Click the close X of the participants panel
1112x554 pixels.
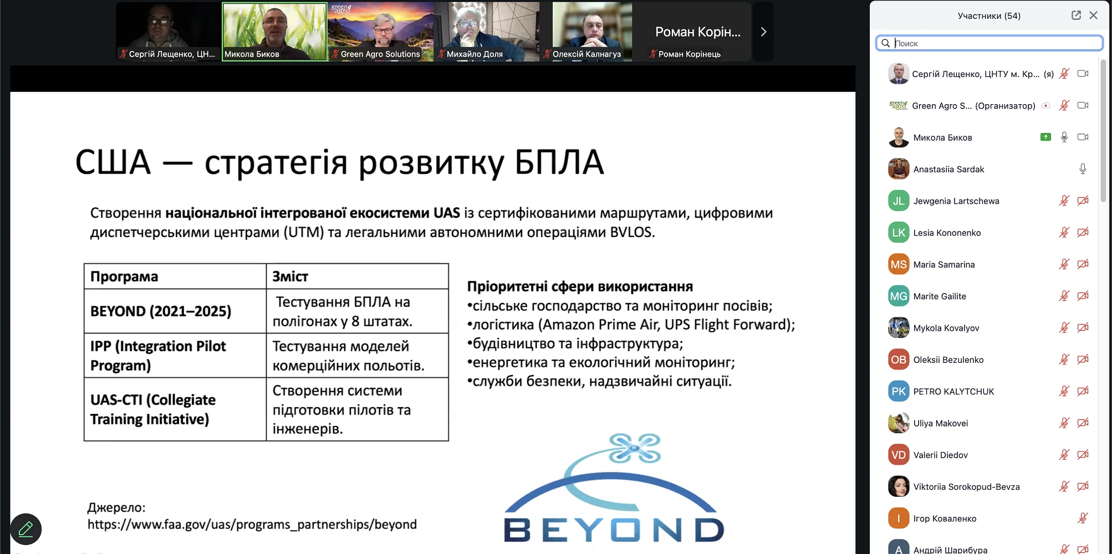[x=1093, y=16]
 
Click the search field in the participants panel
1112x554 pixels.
[x=989, y=43]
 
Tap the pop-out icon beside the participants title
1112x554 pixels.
[x=1076, y=16]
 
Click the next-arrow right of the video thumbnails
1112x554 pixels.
[x=763, y=32]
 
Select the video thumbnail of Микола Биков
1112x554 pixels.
[x=275, y=32]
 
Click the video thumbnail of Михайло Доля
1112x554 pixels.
[x=487, y=32]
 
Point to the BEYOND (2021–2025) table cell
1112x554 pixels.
[x=175, y=311]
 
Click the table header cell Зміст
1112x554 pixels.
[x=358, y=276]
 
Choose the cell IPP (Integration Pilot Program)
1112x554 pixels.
[x=175, y=356]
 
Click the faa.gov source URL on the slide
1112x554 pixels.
[x=252, y=525]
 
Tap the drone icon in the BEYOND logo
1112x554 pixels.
[x=635, y=448]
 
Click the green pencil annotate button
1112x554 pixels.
[x=26, y=529]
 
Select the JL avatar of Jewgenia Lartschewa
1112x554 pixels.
[x=899, y=201]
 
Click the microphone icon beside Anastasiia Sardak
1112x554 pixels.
[x=1083, y=169]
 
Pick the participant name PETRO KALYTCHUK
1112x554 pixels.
[x=953, y=392]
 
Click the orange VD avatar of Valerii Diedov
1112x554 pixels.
[x=899, y=455]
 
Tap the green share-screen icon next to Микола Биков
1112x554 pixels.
[x=1045, y=137]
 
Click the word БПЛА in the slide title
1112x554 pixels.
[x=559, y=162]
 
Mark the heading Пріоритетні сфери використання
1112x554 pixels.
[x=580, y=286]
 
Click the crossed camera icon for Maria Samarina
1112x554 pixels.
[x=1083, y=264]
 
